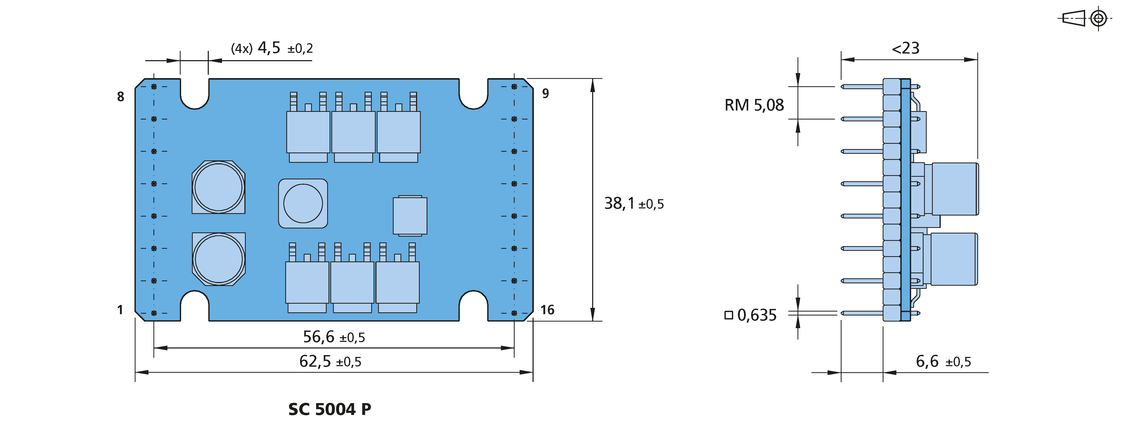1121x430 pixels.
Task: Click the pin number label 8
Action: tap(120, 97)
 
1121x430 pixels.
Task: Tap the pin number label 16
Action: tap(547, 310)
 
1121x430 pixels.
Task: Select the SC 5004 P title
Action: tap(330, 409)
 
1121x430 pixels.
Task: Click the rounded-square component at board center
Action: tap(303, 203)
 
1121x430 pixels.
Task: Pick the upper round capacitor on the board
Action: tap(219, 187)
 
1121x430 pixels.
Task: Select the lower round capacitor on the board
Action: tap(219, 259)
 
